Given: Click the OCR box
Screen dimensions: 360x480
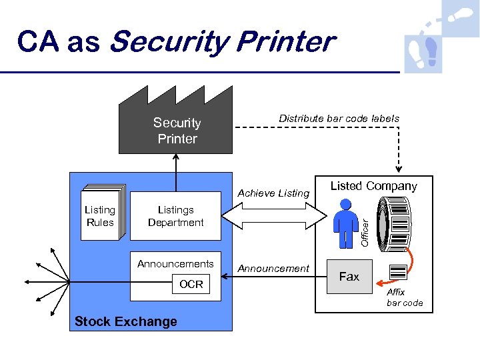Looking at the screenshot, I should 191,285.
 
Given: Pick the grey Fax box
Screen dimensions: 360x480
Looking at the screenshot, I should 349,276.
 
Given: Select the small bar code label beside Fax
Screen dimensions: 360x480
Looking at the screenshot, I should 397,272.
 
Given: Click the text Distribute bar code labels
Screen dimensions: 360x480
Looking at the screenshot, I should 339,119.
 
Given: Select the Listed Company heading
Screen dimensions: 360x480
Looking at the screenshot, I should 373,187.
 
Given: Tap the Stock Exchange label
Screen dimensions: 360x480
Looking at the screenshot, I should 126,321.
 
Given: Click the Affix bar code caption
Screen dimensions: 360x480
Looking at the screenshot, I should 404,297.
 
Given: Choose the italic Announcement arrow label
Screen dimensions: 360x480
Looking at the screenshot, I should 273,269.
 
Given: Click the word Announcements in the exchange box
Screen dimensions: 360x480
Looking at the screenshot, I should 175,264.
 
